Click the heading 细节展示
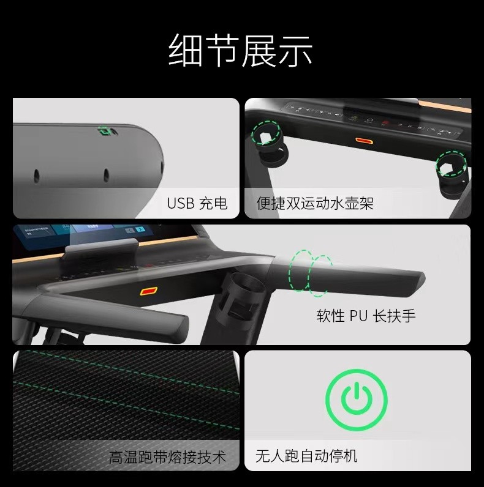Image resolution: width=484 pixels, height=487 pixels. (x=240, y=50)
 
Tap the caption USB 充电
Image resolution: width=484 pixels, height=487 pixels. (x=197, y=204)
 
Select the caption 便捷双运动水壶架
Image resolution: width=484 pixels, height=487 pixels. (x=315, y=204)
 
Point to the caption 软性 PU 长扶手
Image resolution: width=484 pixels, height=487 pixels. (x=366, y=316)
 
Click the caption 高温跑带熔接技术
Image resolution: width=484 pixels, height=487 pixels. (x=167, y=457)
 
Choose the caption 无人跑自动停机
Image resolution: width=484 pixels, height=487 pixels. (x=306, y=456)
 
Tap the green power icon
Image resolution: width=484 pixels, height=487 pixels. (x=357, y=400)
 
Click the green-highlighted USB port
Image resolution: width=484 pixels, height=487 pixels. (x=104, y=131)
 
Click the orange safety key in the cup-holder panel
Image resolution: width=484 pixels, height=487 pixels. (x=365, y=141)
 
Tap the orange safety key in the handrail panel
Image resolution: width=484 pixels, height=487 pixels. (x=149, y=291)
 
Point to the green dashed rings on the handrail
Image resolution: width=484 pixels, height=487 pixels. (x=310, y=273)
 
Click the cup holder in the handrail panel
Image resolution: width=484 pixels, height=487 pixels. (x=243, y=297)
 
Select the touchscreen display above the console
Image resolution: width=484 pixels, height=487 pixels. (x=84, y=236)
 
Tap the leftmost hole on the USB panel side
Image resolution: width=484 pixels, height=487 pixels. (x=36, y=176)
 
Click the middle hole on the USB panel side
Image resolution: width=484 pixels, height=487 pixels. (x=107, y=175)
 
